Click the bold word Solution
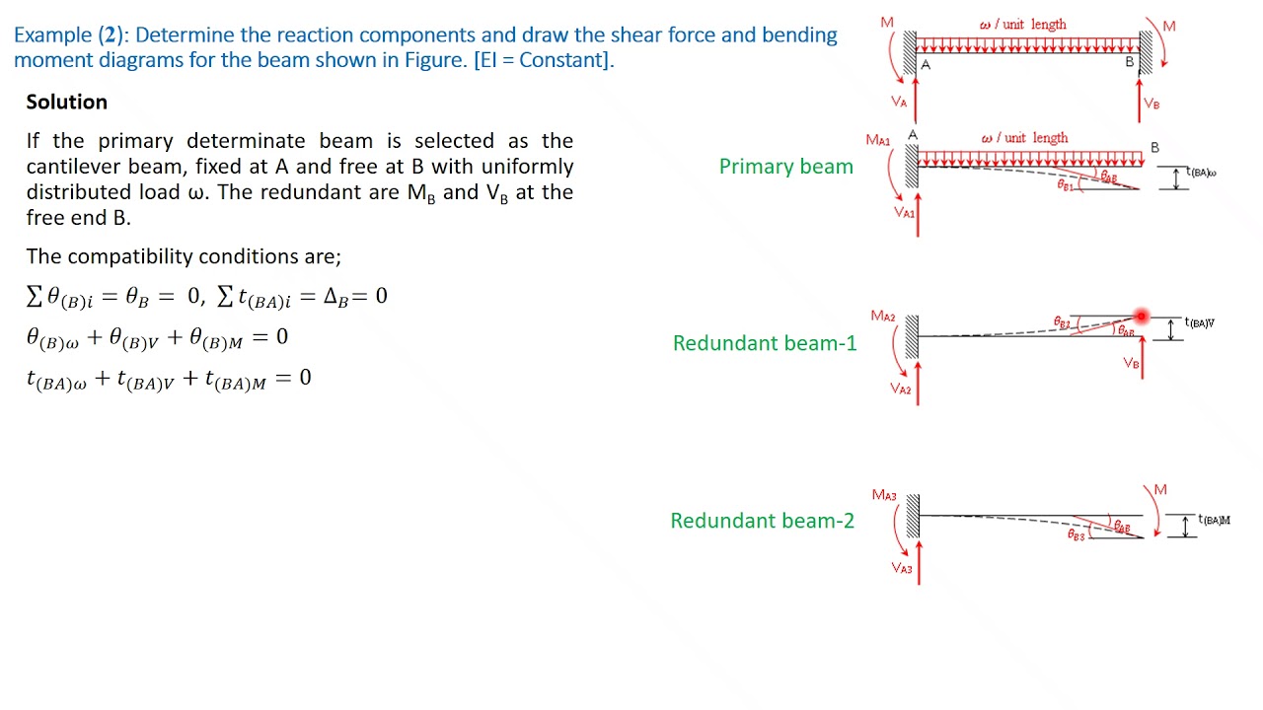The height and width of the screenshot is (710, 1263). pos(66,103)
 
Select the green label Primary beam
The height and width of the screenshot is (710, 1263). pos(785,167)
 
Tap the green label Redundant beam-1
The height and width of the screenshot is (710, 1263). pos(765,343)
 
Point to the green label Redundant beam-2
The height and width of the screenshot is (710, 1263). pos(762,521)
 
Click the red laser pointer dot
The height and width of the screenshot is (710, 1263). pos(1142,317)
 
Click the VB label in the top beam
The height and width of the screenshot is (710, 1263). pos(1152,104)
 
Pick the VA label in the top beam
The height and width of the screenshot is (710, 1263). pos(899,102)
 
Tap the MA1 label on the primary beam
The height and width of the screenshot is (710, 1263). pos(877,140)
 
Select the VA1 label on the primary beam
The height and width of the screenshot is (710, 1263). pos(904,212)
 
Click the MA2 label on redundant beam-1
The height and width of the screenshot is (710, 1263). pos(883,317)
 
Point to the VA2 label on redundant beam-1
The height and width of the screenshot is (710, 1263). pos(901,389)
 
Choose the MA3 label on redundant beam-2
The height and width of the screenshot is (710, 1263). pos(884,495)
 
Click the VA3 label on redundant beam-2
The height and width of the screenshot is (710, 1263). pos(902,568)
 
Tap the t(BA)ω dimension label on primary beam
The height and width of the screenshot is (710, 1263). pos(1201,174)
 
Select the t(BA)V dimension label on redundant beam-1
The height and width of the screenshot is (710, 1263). pos(1199,322)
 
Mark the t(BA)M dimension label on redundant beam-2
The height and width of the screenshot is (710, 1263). pos(1214,520)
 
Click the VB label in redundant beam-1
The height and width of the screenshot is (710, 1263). pos(1131,364)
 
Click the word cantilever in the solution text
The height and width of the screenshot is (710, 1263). pos(74,167)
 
